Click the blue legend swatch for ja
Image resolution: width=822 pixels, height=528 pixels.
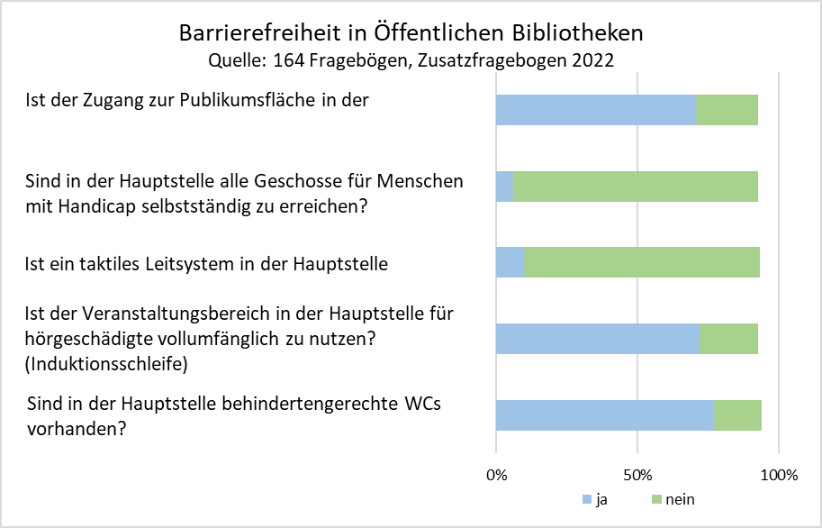587,499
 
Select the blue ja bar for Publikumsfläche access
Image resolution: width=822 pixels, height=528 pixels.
595,109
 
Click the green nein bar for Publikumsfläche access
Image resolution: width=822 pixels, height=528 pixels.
727,109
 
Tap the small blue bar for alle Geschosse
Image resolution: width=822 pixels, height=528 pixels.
504,186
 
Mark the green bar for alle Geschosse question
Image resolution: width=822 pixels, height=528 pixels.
635,186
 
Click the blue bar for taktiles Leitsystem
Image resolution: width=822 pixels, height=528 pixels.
510,262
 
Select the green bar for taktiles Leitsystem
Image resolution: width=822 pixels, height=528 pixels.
641,262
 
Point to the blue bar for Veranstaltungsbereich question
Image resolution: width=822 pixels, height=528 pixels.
598,339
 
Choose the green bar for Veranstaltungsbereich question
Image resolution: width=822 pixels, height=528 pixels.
728,339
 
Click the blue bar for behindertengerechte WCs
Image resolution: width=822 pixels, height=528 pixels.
605,414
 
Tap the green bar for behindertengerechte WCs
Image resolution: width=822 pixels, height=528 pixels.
737,414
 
